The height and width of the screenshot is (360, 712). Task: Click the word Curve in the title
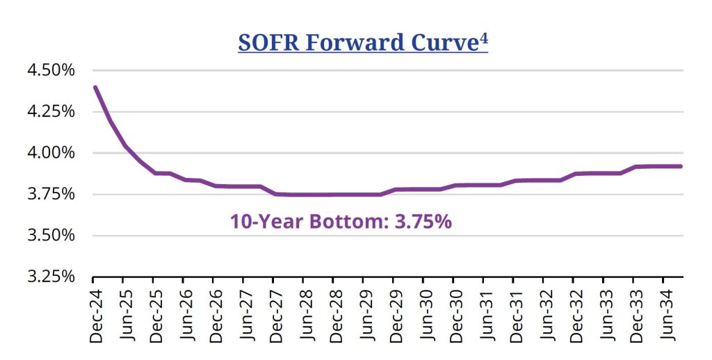click(x=441, y=42)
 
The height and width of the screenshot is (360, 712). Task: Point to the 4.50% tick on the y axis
click(x=51, y=70)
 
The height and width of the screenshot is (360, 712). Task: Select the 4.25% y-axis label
click(x=51, y=111)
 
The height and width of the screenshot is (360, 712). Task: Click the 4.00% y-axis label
click(x=51, y=152)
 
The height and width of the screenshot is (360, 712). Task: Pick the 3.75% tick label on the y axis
click(x=51, y=194)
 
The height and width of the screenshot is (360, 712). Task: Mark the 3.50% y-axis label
click(x=51, y=235)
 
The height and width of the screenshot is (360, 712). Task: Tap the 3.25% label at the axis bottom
click(x=51, y=276)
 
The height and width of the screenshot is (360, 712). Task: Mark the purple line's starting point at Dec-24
click(x=95, y=88)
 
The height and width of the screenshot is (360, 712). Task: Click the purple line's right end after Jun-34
click(x=680, y=166)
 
